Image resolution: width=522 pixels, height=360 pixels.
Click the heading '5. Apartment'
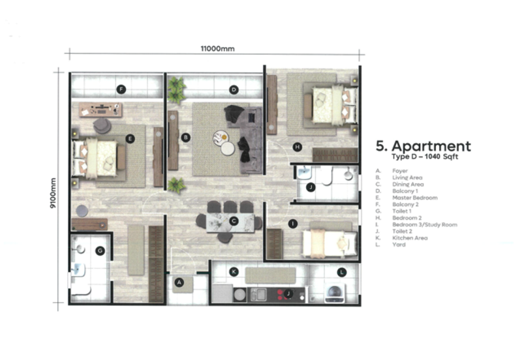coord(423,145)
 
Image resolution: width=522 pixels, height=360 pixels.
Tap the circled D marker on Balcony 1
coord(234,89)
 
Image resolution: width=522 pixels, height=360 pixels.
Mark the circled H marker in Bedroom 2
coord(298,147)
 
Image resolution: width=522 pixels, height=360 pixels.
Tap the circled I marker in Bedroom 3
coord(293,224)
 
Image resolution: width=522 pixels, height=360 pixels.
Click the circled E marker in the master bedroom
coord(130,138)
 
